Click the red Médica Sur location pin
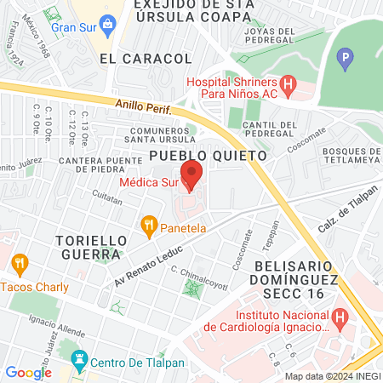coord(192,173)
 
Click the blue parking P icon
coord(345,59)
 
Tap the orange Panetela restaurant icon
coord(150,226)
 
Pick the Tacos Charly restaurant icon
coord(20,262)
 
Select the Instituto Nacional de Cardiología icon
coord(340,319)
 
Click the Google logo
coord(28,372)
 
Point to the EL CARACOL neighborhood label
coord(145,59)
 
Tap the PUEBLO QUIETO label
coord(208,156)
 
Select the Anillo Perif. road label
coord(145,106)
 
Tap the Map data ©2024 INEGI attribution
coord(332,376)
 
